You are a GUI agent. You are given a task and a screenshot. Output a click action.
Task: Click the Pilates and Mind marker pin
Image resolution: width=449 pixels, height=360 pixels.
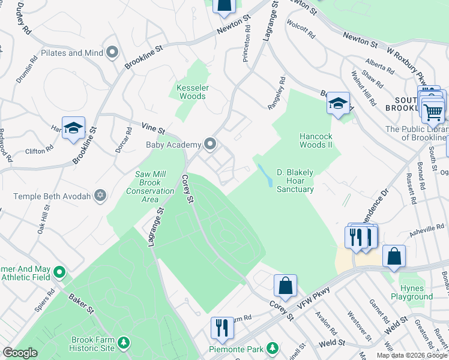tap(112, 53)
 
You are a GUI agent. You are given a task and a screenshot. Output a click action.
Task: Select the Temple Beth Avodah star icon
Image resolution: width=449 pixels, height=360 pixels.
tap(100, 195)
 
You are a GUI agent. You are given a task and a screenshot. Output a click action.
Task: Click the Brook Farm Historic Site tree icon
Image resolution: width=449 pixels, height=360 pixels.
tap(124, 343)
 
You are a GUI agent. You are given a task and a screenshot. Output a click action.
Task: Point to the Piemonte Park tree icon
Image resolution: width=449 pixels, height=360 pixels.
tap(273, 348)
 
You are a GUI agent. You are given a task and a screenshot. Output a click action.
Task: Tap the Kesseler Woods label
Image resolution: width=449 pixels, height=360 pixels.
tap(192, 92)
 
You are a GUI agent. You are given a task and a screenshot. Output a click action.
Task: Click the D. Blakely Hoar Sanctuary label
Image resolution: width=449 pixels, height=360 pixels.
tap(295, 181)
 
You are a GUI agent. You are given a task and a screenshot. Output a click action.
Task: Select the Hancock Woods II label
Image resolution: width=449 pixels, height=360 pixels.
tap(316, 140)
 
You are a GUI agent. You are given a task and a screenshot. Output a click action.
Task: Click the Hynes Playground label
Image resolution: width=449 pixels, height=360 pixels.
tap(412, 293)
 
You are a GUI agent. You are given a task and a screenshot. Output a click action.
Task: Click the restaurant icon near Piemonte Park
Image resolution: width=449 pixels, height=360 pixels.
tap(221, 328)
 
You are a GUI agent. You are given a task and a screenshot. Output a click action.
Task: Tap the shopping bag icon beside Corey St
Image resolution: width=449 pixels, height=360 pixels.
tap(285, 286)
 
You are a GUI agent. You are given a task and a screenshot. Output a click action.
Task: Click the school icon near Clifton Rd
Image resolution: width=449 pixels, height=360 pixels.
tap(73, 128)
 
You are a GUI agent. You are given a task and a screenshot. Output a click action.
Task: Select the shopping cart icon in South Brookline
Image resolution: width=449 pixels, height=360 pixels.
tap(433, 110)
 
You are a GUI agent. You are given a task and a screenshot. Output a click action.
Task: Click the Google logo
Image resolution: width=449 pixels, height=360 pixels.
tap(20, 353)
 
